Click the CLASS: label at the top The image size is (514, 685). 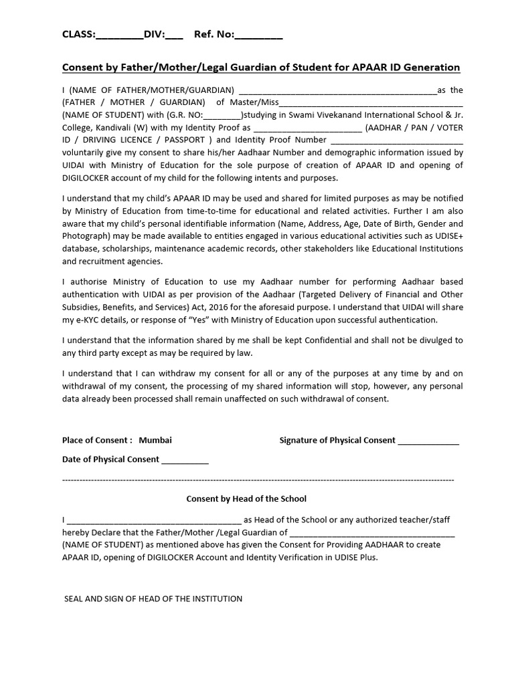tap(79, 35)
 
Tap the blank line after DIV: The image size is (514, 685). tap(173, 36)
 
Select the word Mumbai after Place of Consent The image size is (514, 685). tap(155, 440)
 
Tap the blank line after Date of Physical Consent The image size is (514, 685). tap(185, 460)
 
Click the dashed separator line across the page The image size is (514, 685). tap(258, 480)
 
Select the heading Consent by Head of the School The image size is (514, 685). tap(246, 498)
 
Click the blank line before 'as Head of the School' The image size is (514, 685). tap(154, 520)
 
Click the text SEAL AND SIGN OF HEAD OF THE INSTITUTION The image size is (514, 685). tap(153, 599)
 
